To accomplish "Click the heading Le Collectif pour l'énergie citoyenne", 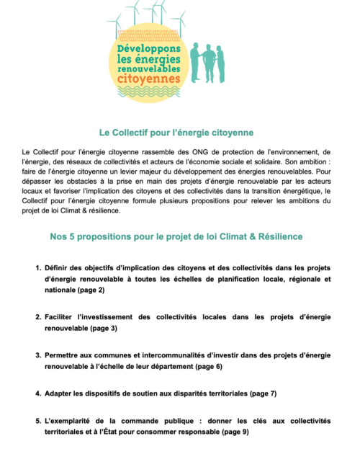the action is coord(180,133).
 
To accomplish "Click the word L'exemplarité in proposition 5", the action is coord(76,420).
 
